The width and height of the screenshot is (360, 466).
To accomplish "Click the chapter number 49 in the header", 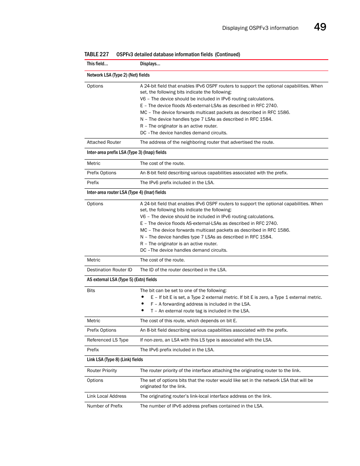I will pos(320,27).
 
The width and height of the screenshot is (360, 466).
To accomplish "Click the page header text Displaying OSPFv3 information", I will pos(260,28).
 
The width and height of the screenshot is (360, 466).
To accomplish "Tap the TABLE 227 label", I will pos(97,54).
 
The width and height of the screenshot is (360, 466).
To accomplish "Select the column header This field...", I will pos(97,64).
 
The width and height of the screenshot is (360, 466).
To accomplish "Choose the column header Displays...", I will pos(150,64).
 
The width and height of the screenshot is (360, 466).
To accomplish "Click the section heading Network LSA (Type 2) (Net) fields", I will pos(118,75).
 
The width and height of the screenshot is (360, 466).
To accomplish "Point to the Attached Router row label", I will pos(104,142).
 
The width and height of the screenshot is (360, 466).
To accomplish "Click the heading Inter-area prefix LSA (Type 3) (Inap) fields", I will pos(126,152).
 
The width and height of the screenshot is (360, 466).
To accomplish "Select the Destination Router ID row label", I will pos(109,270).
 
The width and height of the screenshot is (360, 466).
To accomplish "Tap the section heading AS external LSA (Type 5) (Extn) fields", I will pos(122,280).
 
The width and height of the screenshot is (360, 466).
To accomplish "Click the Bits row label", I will pos(91,291).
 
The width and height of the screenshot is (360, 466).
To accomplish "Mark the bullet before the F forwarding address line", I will pos(143,304).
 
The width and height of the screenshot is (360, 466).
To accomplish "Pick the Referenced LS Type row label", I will pos(108,340).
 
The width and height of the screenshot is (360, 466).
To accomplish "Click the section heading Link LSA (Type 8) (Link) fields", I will pos(115,360).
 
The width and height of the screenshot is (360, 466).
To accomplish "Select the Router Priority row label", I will pos(102,371).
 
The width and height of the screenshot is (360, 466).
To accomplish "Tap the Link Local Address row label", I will pos(106,396).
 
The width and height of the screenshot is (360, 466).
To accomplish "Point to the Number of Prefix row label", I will pos(105,406).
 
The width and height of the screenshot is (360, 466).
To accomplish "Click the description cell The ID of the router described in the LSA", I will pos(183,270).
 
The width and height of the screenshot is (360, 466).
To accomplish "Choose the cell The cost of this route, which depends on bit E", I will pos(189,321).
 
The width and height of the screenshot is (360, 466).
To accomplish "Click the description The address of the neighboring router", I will pos(207,142).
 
